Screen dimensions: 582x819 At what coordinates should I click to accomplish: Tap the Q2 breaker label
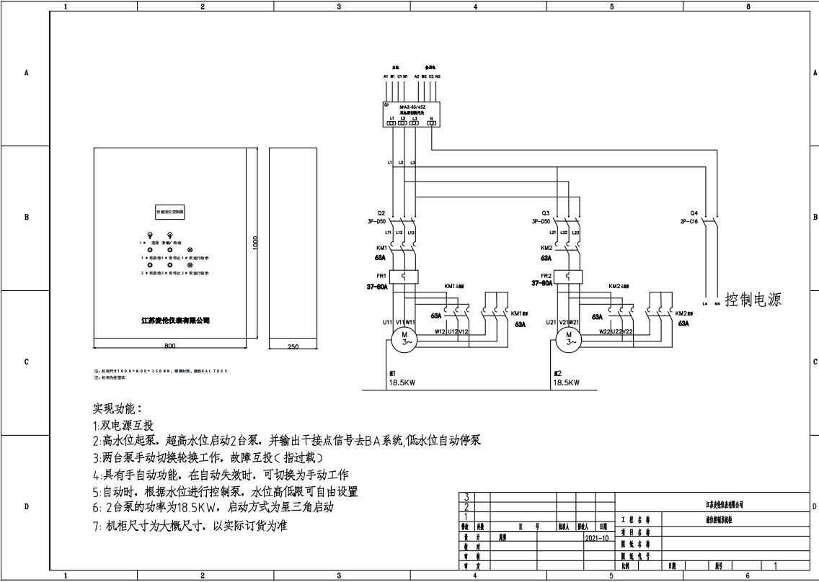[381, 213]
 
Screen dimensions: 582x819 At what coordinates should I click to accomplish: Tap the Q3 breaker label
[545, 213]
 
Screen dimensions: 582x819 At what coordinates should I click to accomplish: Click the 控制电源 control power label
[753, 300]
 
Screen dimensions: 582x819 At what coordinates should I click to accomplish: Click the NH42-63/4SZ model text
[412, 106]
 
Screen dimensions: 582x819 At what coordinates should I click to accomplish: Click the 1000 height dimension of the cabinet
[255, 243]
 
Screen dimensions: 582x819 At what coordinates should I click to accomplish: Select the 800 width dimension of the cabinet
[169, 346]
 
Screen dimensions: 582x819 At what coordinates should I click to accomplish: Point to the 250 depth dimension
[293, 346]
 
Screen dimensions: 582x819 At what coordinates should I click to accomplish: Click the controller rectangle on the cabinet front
[170, 212]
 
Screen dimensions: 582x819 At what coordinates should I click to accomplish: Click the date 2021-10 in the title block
[596, 537]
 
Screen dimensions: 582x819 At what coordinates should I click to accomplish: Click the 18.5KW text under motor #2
[565, 383]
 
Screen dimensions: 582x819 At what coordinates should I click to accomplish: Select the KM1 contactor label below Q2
[382, 248]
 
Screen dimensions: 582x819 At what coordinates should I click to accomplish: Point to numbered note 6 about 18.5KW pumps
[213, 509]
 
